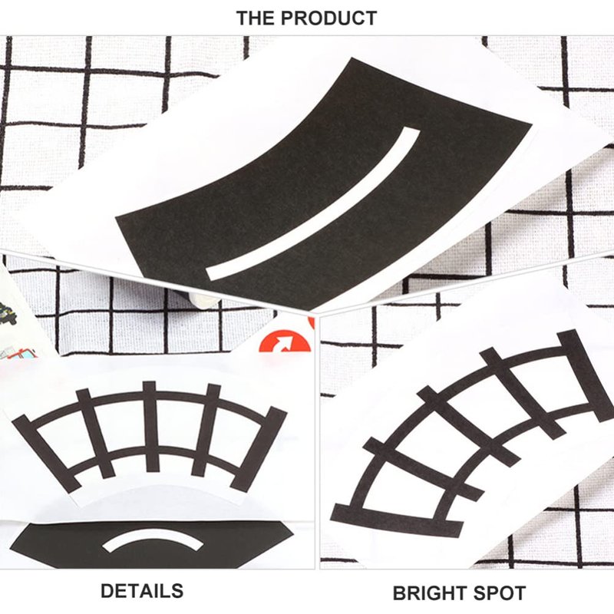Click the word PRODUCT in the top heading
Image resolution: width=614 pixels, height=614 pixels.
tap(329, 18)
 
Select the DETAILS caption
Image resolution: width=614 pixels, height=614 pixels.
tap(142, 591)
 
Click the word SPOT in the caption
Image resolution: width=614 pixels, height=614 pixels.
tap(500, 593)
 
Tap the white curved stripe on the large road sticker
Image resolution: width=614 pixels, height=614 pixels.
tap(313, 203)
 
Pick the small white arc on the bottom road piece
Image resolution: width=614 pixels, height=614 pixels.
tap(153, 540)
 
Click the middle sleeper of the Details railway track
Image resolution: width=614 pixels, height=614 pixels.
tap(151, 427)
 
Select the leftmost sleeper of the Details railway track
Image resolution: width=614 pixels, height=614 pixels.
tap(46, 454)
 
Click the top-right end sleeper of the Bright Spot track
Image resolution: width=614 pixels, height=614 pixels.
tap(585, 375)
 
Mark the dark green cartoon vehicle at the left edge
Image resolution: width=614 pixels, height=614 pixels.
tap(8, 313)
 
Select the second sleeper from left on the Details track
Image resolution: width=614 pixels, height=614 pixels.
tap(94, 434)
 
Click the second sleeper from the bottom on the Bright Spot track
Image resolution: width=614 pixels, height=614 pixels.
tap(424, 469)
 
